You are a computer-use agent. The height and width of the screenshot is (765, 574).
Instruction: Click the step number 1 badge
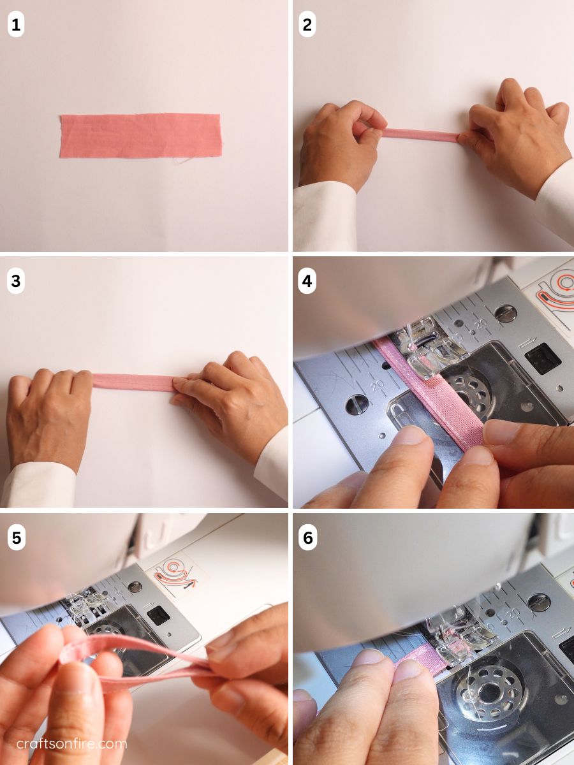pyautogui.click(x=16, y=25)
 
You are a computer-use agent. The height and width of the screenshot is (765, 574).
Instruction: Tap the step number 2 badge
pyautogui.click(x=307, y=25)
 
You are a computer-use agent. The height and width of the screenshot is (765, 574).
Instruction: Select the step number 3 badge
pyautogui.click(x=16, y=281)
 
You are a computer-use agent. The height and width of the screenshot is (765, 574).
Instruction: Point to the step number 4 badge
pyautogui.click(x=307, y=281)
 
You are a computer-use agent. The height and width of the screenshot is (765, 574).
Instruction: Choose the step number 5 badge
pyautogui.click(x=16, y=538)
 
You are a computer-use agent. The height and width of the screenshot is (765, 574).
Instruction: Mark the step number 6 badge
pyautogui.click(x=307, y=538)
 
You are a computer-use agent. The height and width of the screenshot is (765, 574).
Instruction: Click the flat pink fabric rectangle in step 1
pyautogui.click(x=141, y=135)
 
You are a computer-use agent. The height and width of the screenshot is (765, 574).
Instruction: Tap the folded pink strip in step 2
pyautogui.click(x=420, y=135)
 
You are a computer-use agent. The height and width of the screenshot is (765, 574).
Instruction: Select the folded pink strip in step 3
pyautogui.click(x=133, y=381)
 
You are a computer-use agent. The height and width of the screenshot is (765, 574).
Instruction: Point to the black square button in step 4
pyautogui.click(x=542, y=358)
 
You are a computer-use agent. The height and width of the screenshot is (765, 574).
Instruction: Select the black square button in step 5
pyautogui.click(x=158, y=615)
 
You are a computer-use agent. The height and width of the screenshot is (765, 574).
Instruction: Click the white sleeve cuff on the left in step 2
pyautogui.click(x=325, y=216)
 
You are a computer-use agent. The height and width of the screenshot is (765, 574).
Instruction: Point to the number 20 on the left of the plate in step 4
pyautogui.click(x=377, y=385)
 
